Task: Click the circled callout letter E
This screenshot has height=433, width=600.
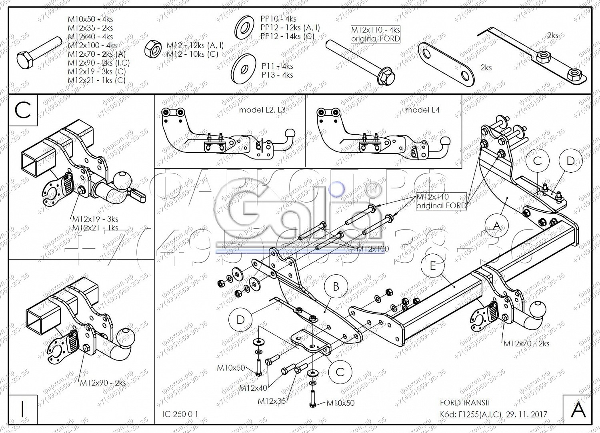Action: [433, 265]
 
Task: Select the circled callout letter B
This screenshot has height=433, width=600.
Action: [336, 287]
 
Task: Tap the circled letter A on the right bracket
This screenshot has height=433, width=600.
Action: [496, 226]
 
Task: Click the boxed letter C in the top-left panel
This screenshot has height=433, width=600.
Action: [23, 110]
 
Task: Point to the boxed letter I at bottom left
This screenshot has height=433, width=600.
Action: [22, 409]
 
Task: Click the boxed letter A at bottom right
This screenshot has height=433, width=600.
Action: [578, 409]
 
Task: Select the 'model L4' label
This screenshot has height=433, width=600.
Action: [422, 110]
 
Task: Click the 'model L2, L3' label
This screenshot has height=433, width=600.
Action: [262, 110]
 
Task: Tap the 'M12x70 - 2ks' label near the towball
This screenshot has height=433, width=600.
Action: [526, 343]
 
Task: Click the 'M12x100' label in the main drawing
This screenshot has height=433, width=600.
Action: [372, 249]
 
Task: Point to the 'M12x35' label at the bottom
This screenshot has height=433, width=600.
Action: [272, 401]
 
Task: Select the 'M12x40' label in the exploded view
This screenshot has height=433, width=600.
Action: [253, 388]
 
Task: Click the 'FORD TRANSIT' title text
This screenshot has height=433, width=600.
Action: [465, 403]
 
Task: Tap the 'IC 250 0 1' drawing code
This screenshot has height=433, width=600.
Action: [180, 414]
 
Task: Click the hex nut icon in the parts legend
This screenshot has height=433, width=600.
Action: [152, 49]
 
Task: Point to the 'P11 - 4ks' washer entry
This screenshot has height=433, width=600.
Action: [277, 66]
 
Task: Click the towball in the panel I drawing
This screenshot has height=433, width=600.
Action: [126, 337]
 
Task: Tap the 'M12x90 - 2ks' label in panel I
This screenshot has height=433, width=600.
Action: [103, 383]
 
